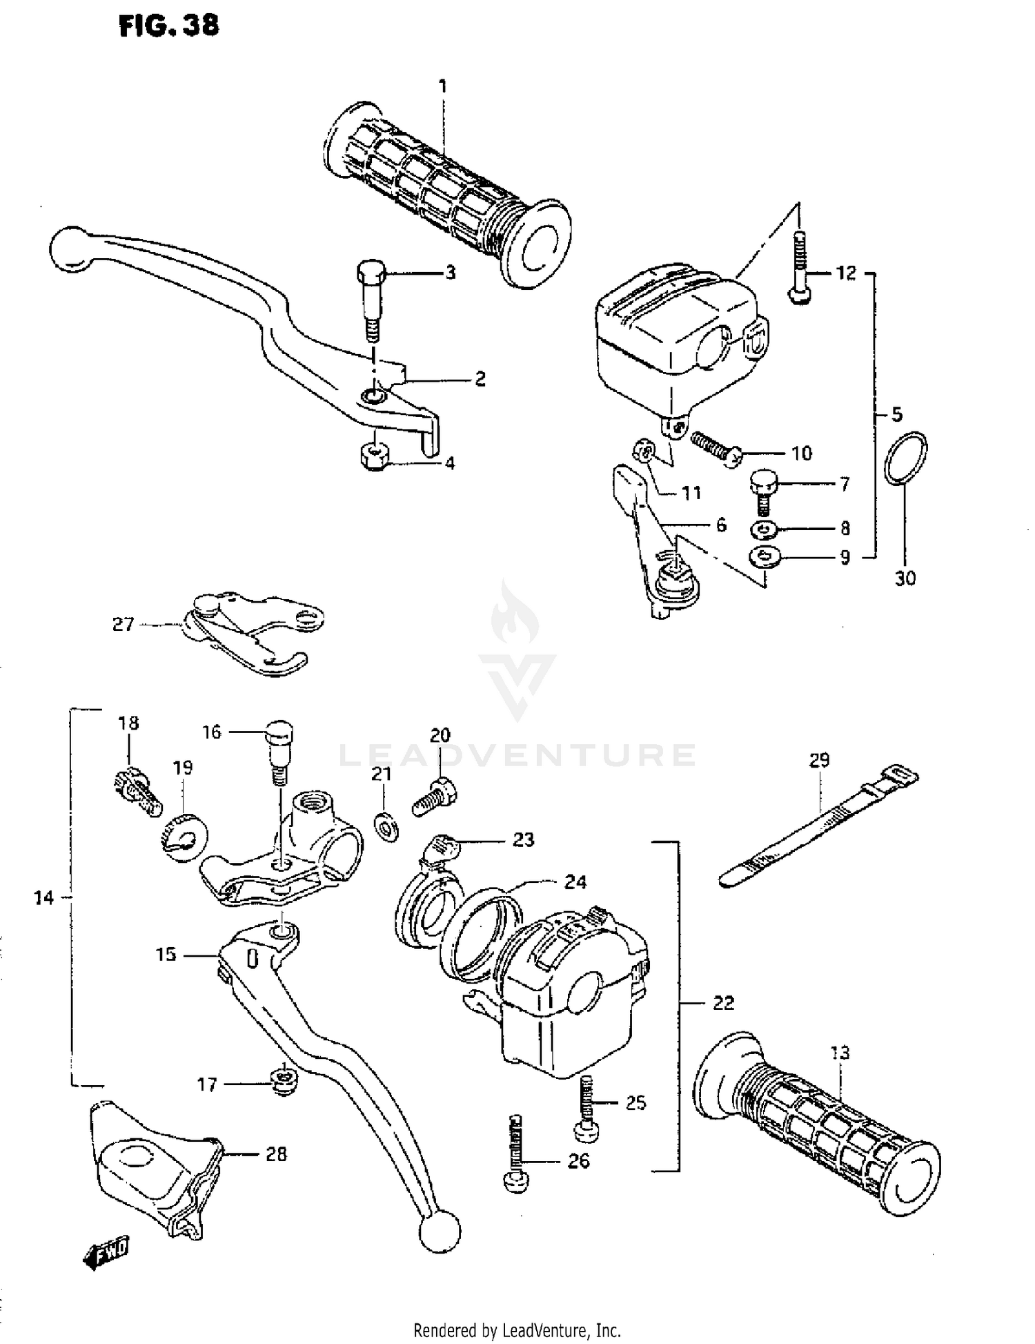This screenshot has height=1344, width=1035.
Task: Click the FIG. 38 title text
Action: tap(169, 26)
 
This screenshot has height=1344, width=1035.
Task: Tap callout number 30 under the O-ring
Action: tap(905, 578)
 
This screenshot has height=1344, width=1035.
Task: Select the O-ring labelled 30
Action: tap(905, 458)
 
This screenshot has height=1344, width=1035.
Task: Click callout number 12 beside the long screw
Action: tap(846, 273)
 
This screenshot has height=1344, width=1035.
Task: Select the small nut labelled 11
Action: tap(643, 452)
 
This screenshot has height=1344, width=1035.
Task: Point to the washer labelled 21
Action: tap(386, 826)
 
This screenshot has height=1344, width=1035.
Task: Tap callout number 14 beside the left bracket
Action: tap(43, 897)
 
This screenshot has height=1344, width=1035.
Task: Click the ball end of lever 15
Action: tap(440, 1230)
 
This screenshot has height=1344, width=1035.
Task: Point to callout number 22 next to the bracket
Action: tap(723, 1003)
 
